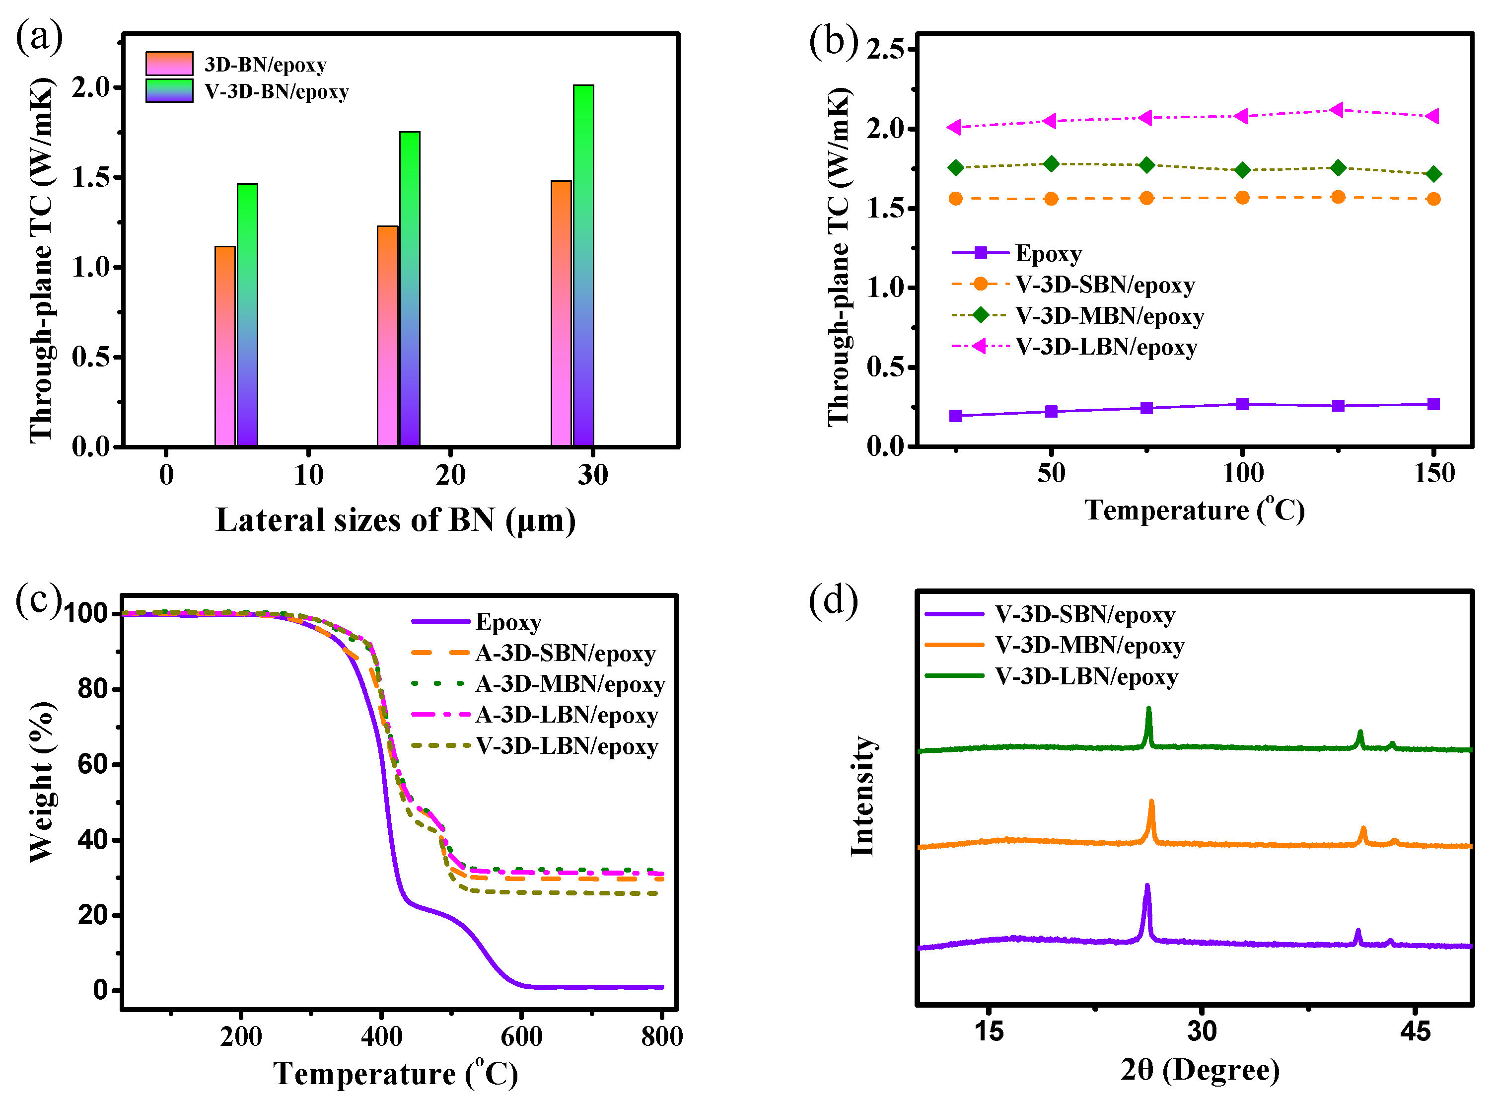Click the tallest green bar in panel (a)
click(x=583, y=267)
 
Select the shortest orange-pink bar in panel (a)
click(x=225, y=347)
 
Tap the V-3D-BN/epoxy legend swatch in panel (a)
click(x=169, y=91)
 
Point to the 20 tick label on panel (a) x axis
click(x=450, y=475)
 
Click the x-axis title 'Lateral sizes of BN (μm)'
click(x=396, y=520)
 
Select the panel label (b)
click(x=832, y=41)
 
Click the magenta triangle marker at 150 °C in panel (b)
click(x=1432, y=117)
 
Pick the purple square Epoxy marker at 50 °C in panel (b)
click(x=1051, y=411)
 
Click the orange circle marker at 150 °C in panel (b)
click(x=1433, y=199)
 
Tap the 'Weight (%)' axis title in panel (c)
click(x=41, y=782)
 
